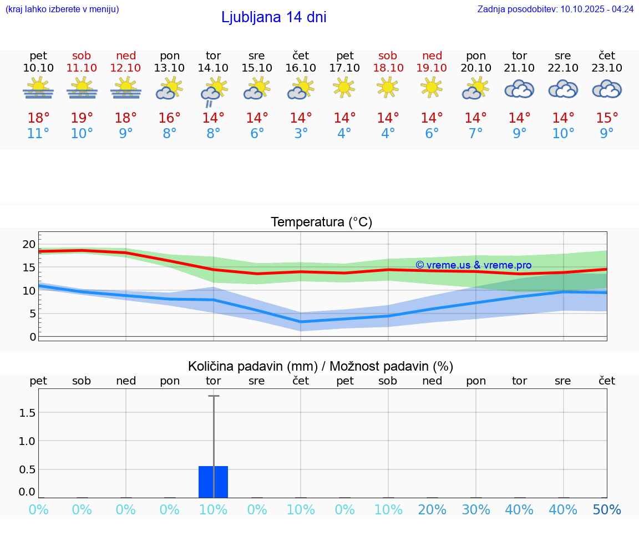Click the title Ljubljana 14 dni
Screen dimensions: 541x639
273,17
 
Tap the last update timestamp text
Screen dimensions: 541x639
555,9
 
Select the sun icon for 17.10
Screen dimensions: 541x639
344,88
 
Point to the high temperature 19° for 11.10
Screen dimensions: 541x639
82,118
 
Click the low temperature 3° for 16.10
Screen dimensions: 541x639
301,134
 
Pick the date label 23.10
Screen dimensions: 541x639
607,68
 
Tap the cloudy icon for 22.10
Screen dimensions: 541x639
563,89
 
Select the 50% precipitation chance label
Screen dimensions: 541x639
607,510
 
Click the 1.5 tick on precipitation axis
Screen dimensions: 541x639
28,413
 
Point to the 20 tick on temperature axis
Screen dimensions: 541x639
29,244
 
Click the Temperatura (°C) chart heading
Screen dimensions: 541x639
321,223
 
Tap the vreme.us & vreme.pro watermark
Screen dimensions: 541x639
473,265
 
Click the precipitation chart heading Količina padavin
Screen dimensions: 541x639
321,366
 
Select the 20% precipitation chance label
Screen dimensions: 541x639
432,510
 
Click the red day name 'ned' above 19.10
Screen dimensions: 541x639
432,55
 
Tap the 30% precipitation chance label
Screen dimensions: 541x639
476,510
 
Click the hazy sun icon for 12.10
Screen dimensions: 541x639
125,89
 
